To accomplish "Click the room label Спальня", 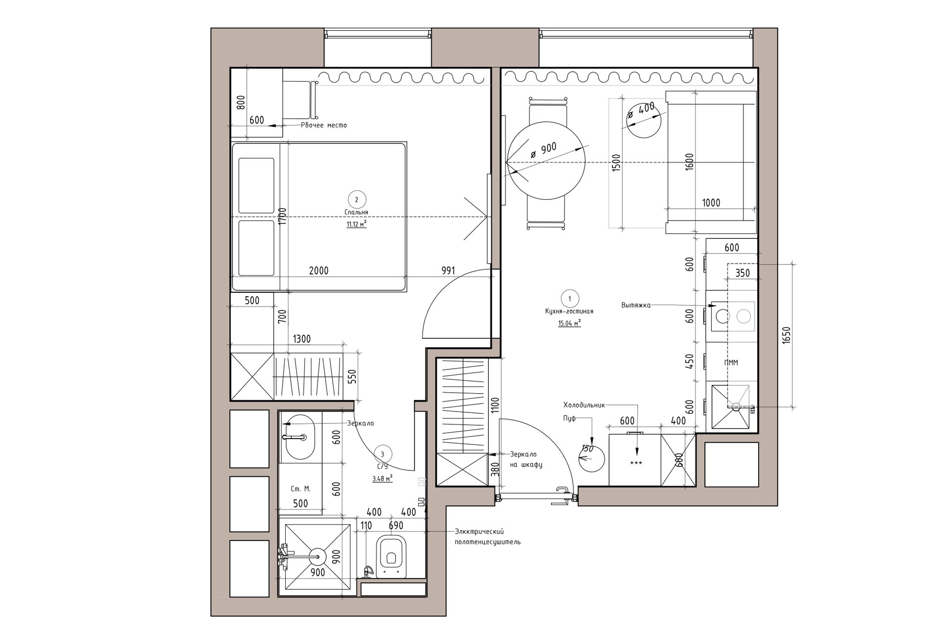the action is click(356, 212).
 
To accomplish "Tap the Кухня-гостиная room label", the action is click(566, 312).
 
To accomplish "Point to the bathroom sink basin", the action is click(300, 437).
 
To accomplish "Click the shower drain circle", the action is click(317, 556).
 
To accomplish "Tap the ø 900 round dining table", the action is click(545, 162).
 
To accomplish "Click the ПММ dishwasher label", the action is click(731, 362).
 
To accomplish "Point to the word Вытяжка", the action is click(636, 305).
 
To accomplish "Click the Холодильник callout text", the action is click(584, 404).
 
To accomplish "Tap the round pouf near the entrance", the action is click(591, 458).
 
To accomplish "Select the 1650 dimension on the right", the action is click(787, 337).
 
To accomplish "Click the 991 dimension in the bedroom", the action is click(448, 271).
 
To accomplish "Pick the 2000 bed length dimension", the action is click(318, 271).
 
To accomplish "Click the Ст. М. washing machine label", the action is click(301, 489).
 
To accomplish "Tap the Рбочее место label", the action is click(324, 125).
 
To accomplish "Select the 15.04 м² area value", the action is click(569, 323).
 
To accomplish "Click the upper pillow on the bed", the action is click(256, 185).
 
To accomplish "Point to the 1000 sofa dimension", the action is click(711, 203).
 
